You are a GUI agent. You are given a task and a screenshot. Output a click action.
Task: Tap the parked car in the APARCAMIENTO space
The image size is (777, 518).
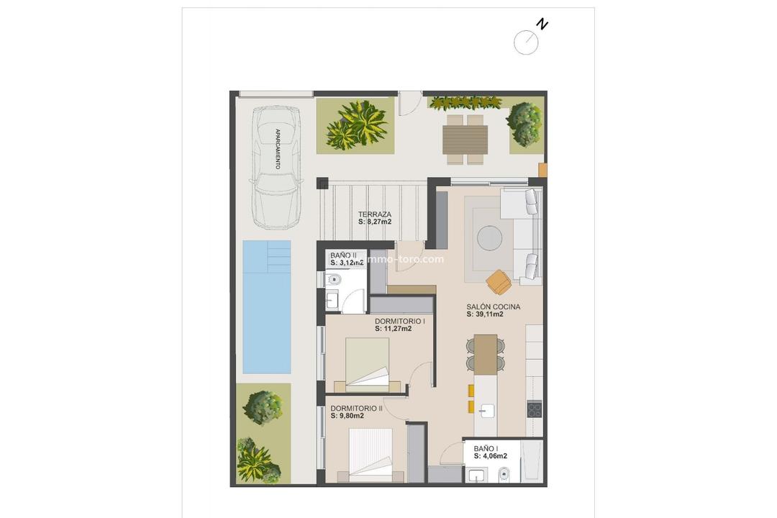click(x=276, y=165)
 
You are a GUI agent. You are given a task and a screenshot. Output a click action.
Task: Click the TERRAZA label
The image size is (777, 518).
click(x=375, y=214)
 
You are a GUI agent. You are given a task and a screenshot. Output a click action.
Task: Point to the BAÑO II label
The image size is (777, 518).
click(x=343, y=255)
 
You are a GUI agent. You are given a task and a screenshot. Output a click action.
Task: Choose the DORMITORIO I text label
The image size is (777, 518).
click(x=399, y=321)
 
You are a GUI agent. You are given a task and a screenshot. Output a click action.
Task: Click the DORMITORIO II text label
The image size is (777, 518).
click(x=356, y=408)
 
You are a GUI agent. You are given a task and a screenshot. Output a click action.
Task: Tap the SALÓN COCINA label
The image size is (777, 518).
click(x=493, y=306)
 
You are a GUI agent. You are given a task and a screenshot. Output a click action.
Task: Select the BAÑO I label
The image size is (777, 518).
click(x=486, y=448)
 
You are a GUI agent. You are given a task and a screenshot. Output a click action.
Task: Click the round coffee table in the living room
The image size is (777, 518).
click(x=491, y=237)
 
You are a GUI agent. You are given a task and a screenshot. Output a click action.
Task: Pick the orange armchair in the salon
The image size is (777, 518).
click(x=499, y=282)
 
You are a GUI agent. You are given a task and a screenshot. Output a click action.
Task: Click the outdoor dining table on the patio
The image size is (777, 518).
click(x=465, y=140)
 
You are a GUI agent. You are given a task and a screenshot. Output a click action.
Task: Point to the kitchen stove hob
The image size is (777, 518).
click(x=535, y=410)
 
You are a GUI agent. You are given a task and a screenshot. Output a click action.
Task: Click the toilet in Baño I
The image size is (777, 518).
click(x=504, y=474)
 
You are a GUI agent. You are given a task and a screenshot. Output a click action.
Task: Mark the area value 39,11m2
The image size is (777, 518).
click(x=493, y=314)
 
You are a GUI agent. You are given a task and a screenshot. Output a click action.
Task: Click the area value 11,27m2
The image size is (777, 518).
click(x=393, y=329)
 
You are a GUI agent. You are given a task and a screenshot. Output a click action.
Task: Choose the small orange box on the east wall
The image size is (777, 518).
click(x=542, y=171)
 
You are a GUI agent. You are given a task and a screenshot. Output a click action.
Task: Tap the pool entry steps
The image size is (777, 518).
click(x=278, y=253)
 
